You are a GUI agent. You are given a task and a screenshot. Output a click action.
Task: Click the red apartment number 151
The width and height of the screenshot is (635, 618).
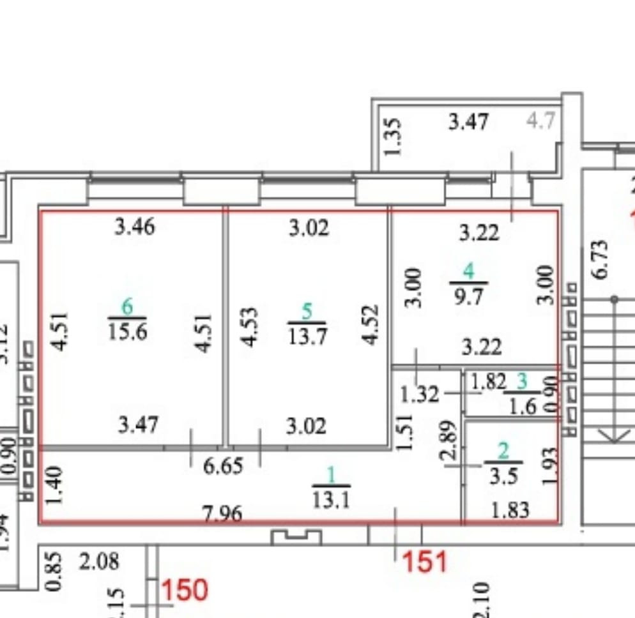point(425,562)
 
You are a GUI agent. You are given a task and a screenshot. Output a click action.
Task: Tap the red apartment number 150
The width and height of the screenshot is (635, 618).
point(185,591)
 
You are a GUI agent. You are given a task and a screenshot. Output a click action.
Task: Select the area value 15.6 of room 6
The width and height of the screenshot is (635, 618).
point(127,332)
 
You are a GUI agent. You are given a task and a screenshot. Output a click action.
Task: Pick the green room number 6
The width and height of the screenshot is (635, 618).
point(127,308)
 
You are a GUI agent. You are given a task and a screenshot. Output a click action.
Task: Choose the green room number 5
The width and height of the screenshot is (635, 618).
point(307,312)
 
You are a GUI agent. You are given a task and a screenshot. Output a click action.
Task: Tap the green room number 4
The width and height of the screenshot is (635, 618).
point(469,272)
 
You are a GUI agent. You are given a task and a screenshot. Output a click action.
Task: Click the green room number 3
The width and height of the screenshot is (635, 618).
point(522,382)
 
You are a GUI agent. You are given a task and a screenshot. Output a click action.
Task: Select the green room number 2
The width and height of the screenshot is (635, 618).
point(503,452)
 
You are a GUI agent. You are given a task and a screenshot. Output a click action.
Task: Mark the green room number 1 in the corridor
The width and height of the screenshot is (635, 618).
point(331,476)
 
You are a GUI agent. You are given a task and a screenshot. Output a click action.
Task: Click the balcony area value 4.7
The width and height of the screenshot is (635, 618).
point(540,121)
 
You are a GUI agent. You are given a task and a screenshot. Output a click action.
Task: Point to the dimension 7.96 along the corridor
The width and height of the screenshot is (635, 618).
point(222,513)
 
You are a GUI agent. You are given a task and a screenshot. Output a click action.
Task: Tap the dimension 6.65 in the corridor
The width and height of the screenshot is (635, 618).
point(223,466)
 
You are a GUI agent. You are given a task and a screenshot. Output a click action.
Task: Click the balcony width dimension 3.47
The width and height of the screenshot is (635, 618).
point(468,121)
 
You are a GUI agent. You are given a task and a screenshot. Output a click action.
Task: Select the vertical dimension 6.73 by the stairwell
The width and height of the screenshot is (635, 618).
point(601,259)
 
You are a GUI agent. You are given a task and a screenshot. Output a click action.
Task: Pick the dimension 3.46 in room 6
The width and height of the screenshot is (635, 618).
point(134,226)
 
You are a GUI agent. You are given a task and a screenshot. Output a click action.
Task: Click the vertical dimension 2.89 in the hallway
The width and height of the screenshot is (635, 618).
point(449,439)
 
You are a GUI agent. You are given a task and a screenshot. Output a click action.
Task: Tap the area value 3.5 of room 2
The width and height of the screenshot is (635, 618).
point(503,476)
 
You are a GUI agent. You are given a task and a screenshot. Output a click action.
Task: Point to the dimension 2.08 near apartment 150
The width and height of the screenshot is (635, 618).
point(99,562)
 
